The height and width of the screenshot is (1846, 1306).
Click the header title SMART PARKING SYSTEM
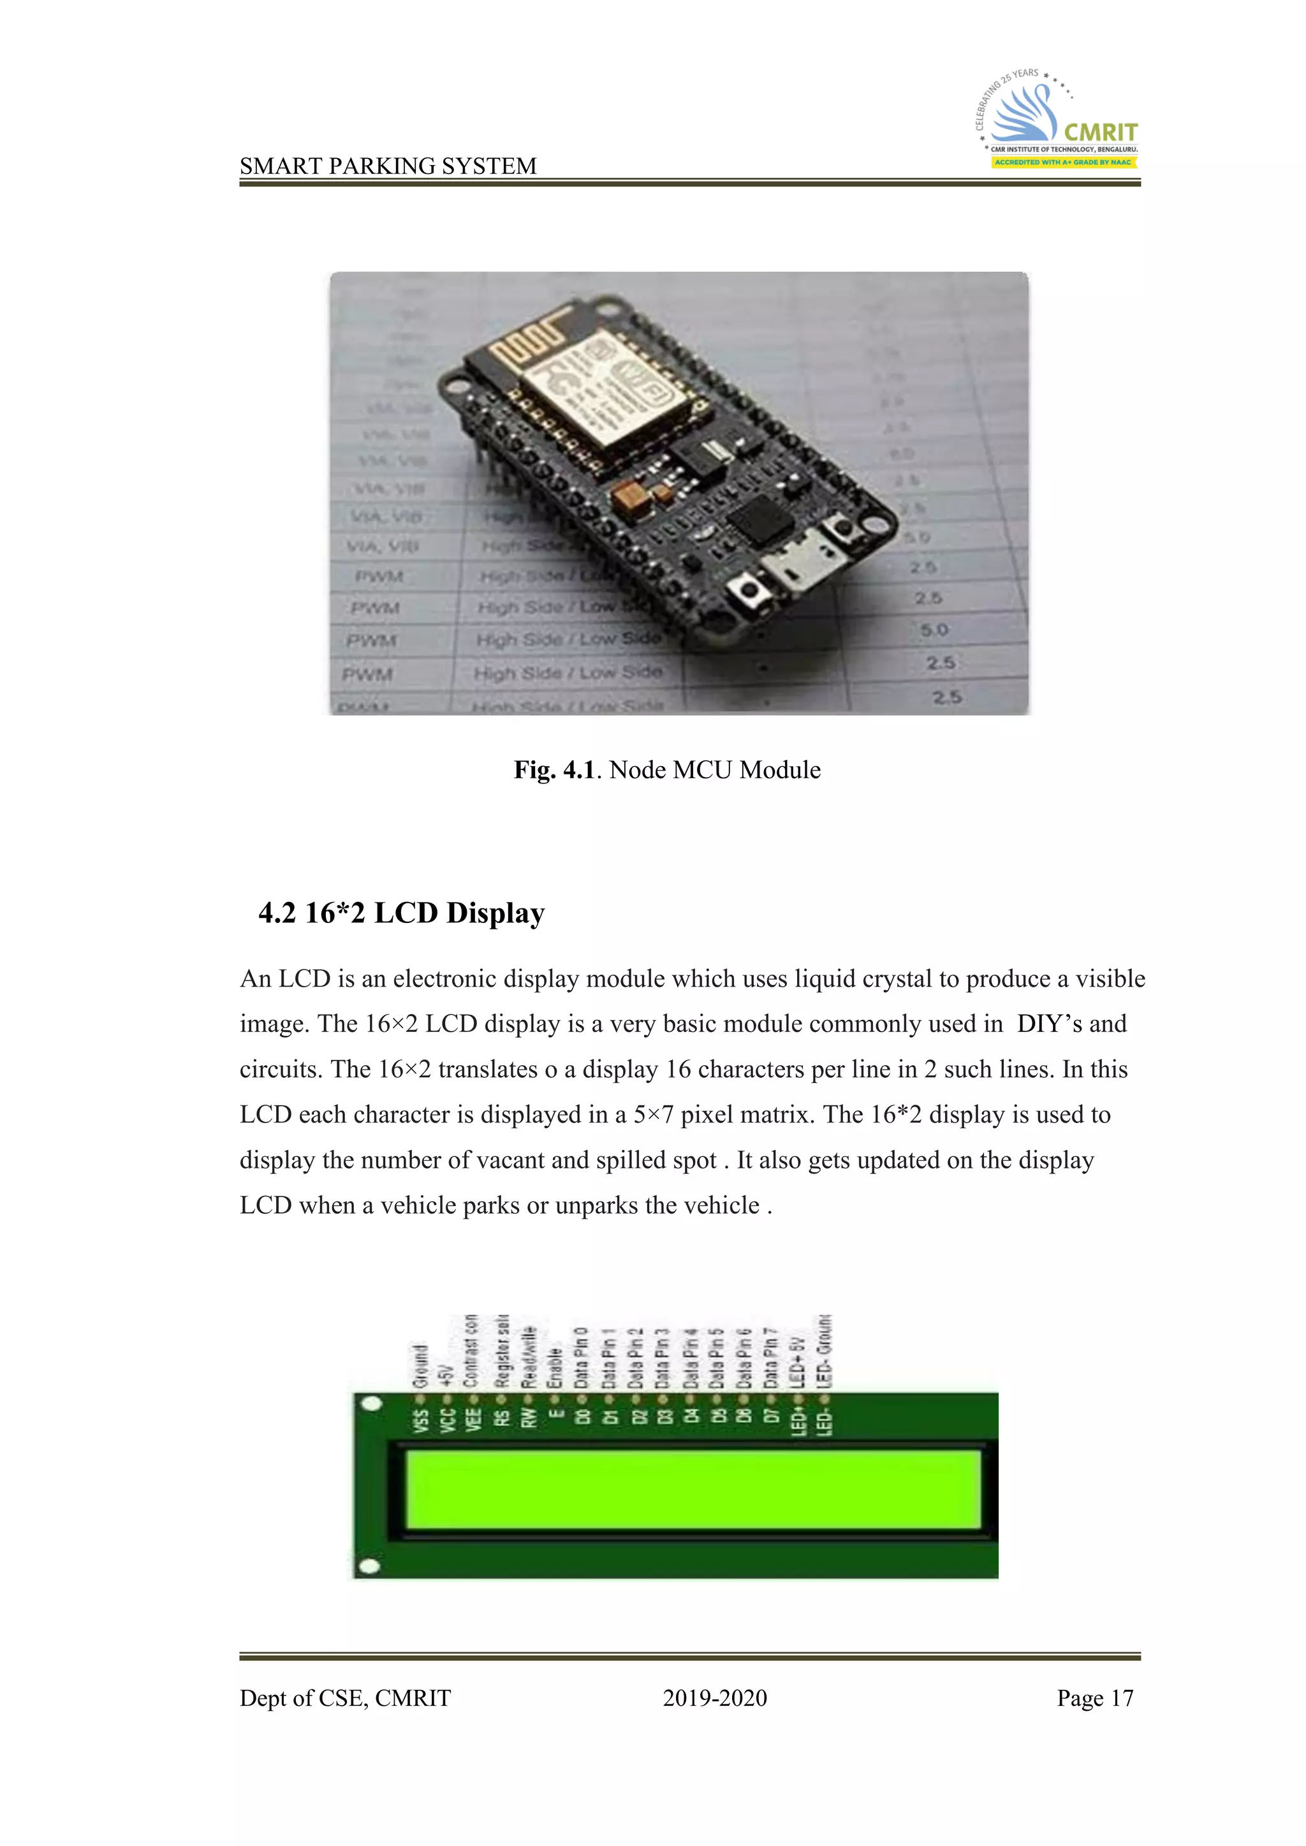point(388,166)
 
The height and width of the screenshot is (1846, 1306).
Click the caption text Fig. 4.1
point(554,770)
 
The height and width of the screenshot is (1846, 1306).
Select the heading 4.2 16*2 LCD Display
point(401,913)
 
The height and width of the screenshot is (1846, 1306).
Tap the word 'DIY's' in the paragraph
point(1050,1024)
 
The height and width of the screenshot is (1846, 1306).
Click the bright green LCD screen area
point(693,1489)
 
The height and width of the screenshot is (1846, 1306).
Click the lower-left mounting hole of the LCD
point(370,1566)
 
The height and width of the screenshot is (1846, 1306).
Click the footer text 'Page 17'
point(1094,1698)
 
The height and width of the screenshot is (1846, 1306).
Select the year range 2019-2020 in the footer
point(714,1698)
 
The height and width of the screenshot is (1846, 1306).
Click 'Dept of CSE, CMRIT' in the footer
point(345,1698)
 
